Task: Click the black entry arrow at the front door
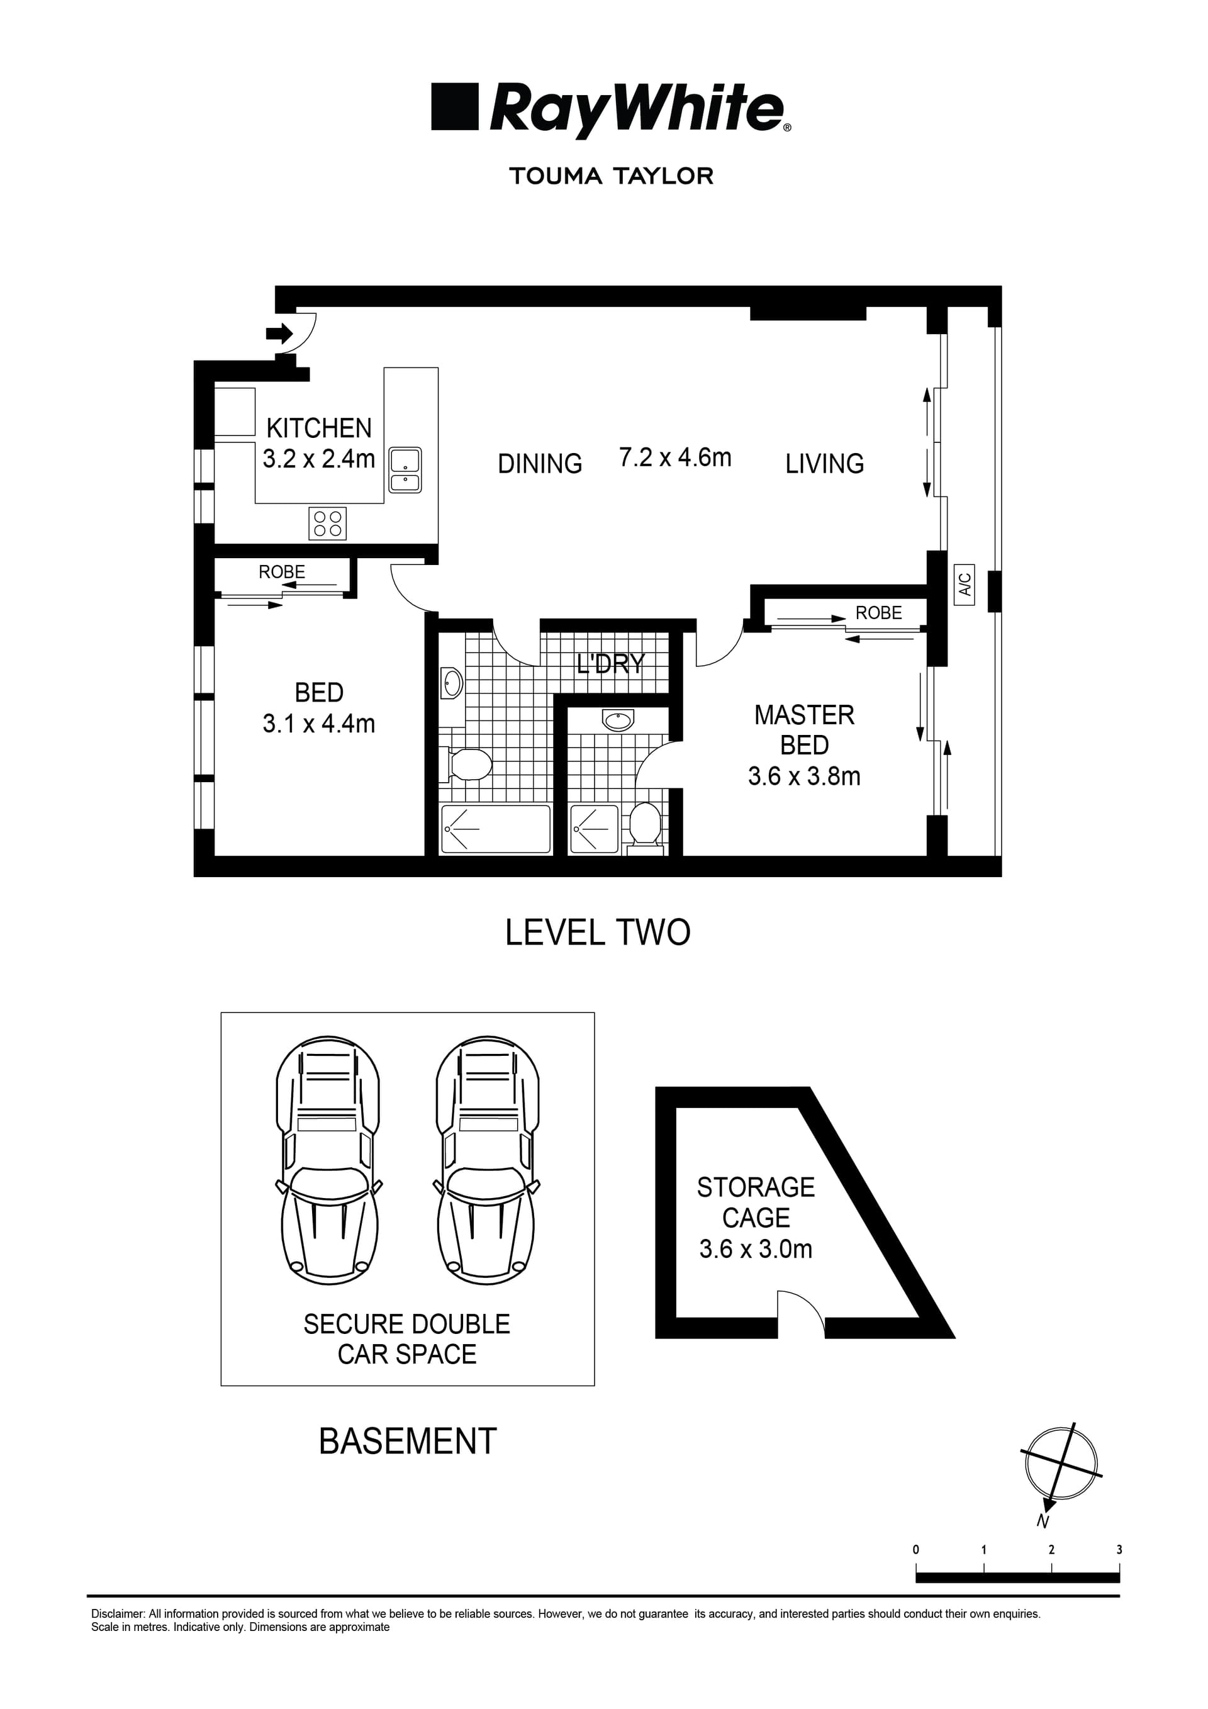(x=279, y=333)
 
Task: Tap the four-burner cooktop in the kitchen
(x=328, y=524)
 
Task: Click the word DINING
(x=540, y=464)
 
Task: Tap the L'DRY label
(x=610, y=663)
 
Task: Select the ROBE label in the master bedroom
(x=878, y=613)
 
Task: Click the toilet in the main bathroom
(x=468, y=765)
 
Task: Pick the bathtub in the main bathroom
(x=496, y=829)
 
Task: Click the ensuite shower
(x=594, y=829)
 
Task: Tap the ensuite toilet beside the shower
(x=646, y=824)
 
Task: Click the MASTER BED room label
(x=804, y=730)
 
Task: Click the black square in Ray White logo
(x=454, y=106)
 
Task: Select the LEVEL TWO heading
(x=598, y=933)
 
